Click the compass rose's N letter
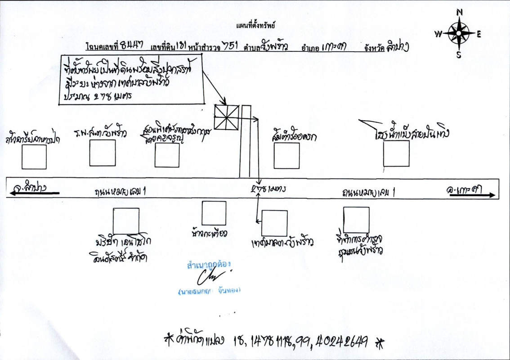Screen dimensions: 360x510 (x=459, y=13)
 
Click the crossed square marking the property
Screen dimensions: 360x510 (x=226, y=117)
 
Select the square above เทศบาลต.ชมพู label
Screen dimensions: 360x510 (x=274, y=223)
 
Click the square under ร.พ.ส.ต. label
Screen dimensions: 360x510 (x=103, y=153)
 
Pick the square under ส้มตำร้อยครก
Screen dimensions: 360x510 (x=286, y=156)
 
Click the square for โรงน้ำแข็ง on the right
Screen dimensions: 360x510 (x=396, y=153)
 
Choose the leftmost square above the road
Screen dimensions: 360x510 (x=34, y=157)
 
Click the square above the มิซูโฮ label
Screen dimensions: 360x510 (x=126, y=221)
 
